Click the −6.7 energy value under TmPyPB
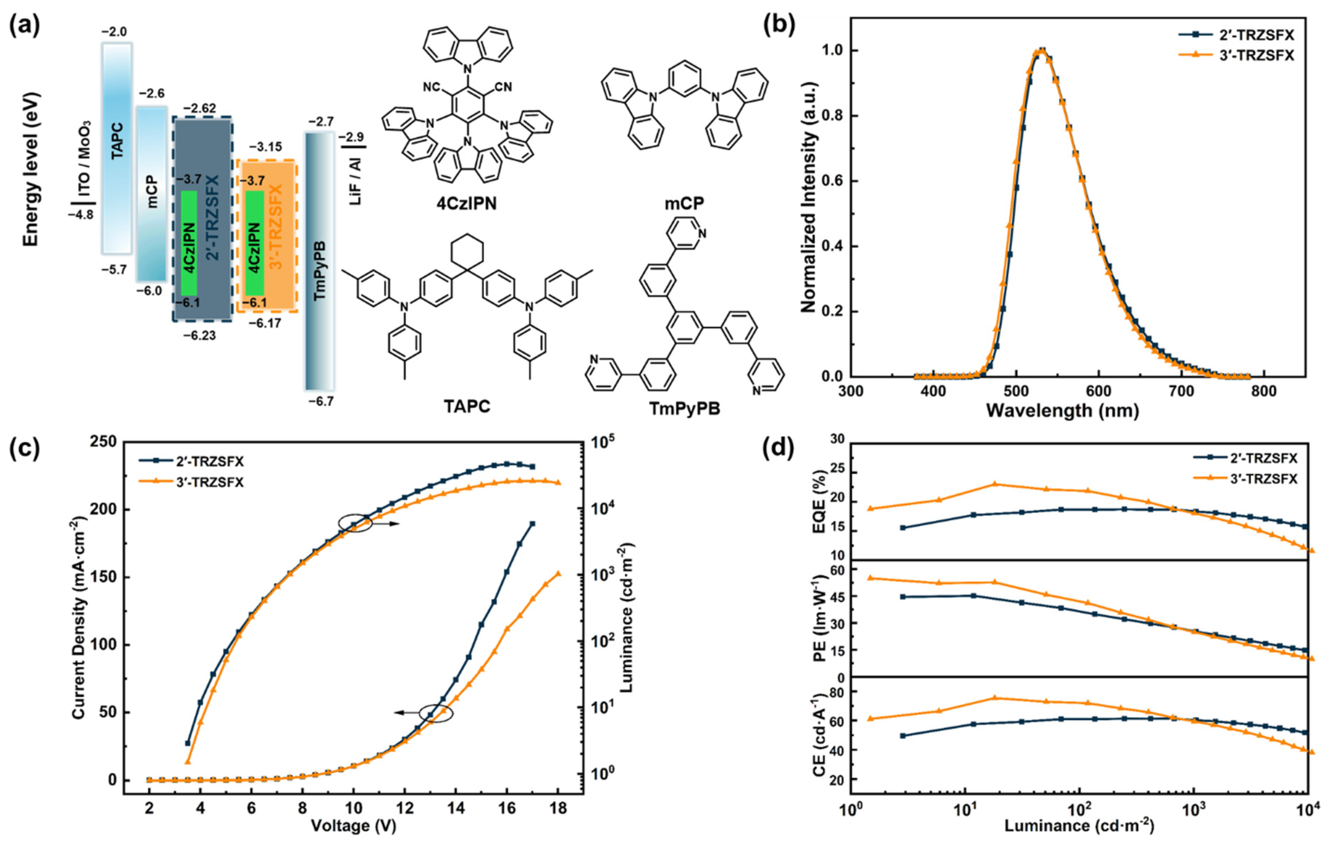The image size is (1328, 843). pos(320,402)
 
